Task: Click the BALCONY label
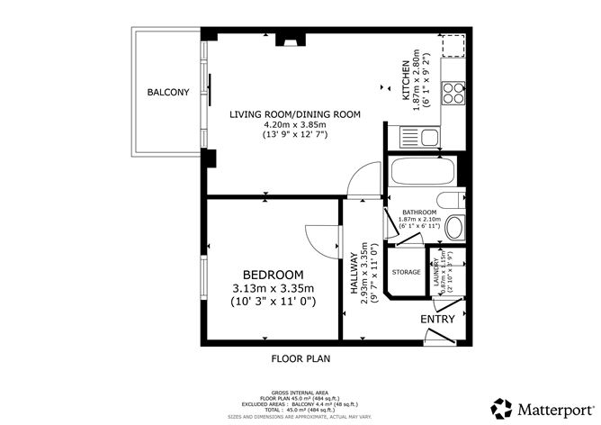point(167,92)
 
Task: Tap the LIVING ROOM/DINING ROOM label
point(294,114)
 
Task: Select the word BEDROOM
point(273,274)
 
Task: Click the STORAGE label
point(406,272)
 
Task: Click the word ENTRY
point(437,319)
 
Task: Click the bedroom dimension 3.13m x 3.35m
point(273,288)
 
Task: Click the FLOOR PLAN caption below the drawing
point(300,357)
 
